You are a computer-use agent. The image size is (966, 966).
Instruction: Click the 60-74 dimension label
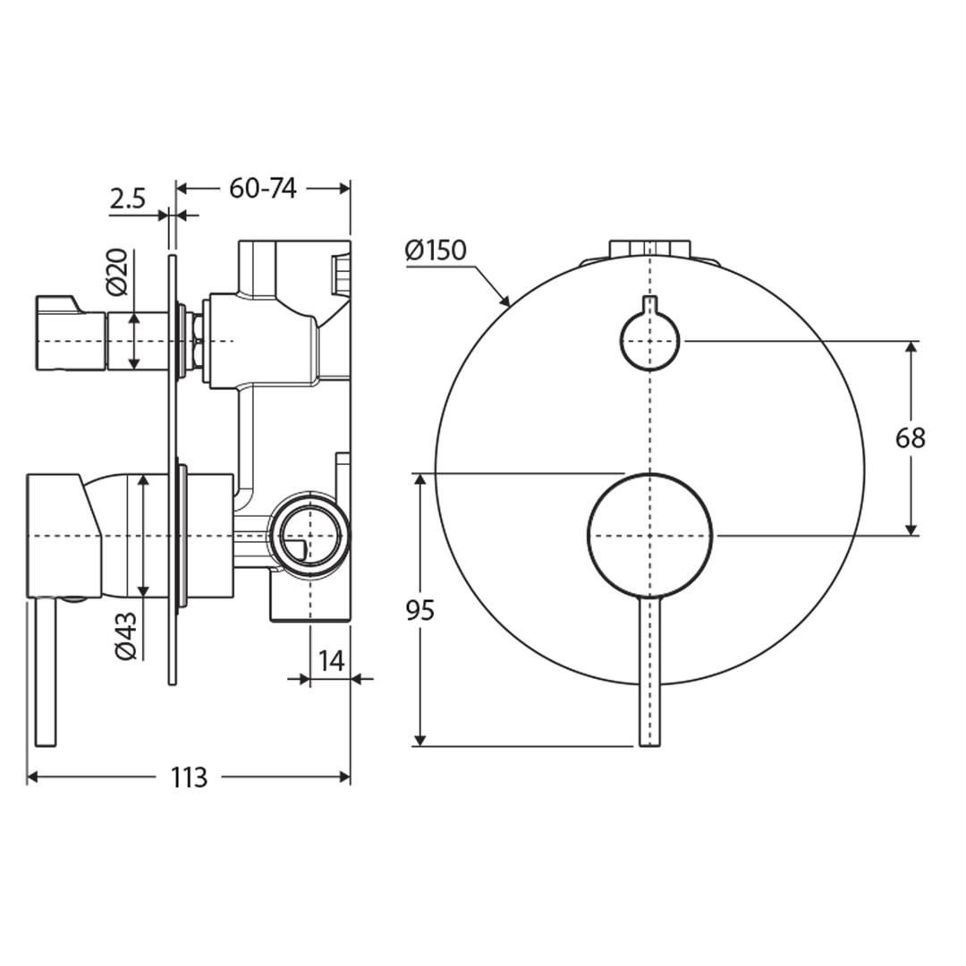click(263, 188)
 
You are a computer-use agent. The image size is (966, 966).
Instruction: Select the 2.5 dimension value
click(128, 199)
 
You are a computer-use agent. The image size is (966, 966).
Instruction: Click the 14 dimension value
click(331, 661)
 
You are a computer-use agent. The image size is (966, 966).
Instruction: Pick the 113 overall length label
click(189, 778)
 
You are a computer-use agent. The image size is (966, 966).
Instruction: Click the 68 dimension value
click(911, 438)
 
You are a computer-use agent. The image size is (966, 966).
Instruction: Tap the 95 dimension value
click(419, 611)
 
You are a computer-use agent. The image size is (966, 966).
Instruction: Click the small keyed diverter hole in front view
click(650, 338)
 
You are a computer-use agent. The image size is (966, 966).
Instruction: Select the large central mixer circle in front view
click(650, 535)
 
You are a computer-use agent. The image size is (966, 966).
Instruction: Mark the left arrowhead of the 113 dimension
click(32, 778)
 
